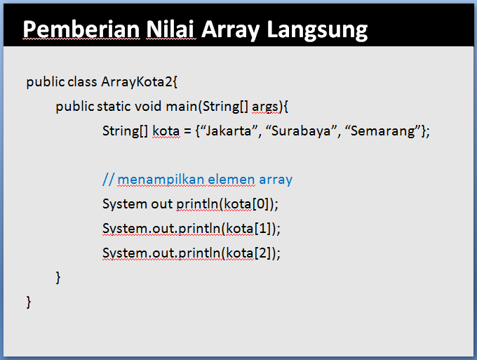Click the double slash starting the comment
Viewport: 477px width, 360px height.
click(107, 180)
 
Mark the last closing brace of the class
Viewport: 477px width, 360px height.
click(29, 302)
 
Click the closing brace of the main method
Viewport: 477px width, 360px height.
click(58, 278)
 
